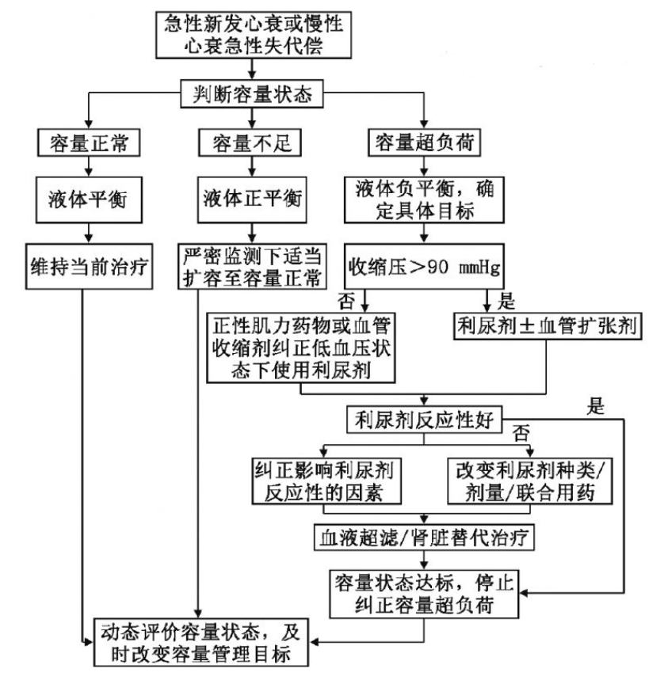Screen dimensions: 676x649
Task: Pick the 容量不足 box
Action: [x=251, y=144]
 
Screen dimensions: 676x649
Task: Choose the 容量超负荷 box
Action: [x=426, y=144]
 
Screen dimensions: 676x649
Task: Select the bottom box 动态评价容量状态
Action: [x=204, y=642]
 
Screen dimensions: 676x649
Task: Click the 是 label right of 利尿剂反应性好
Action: [x=595, y=407]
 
